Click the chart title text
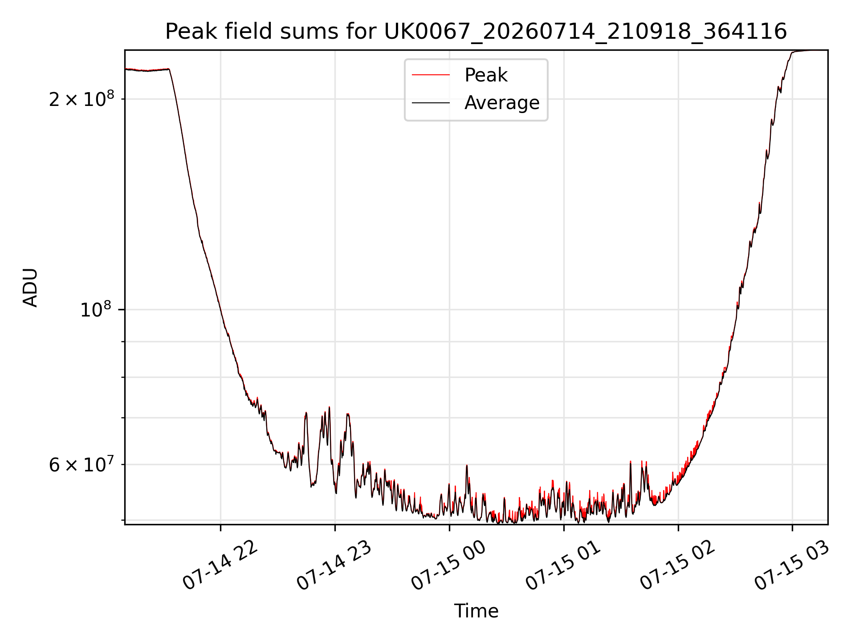[x=476, y=32]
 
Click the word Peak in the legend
[x=486, y=75]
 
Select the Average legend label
[x=502, y=103]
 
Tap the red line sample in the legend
[x=431, y=75]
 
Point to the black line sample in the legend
[x=431, y=103]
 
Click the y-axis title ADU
[x=30, y=288]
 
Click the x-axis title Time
[x=476, y=611]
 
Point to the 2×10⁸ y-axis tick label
[x=81, y=98]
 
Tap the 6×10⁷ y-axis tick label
[x=81, y=464]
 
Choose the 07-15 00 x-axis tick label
[x=449, y=565]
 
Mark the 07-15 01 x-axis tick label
[x=564, y=565]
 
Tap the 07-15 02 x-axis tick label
[x=678, y=565]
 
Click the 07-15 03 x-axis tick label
[x=792, y=565]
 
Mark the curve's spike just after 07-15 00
[x=467, y=466]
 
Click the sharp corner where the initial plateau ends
[x=169, y=69]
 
